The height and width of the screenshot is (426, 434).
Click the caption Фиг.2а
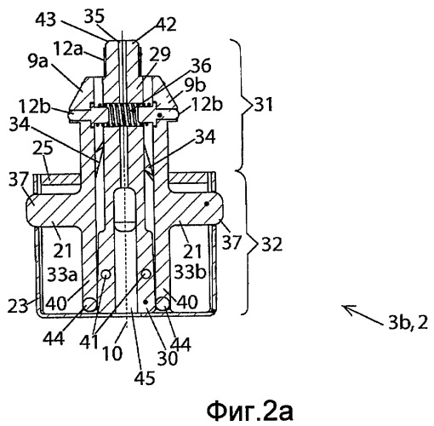point(249,411)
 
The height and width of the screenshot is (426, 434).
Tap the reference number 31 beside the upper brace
point(263,104)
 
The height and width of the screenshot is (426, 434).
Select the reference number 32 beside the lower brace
point(271,244)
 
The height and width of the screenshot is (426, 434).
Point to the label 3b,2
point(408,323)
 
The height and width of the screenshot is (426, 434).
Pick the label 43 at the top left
point(46,20)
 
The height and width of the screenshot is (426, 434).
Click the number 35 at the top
point(94,16)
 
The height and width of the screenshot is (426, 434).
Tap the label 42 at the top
point(167,24)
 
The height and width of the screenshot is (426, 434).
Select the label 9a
point(38,61)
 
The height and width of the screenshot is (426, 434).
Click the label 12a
point(67,49)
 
